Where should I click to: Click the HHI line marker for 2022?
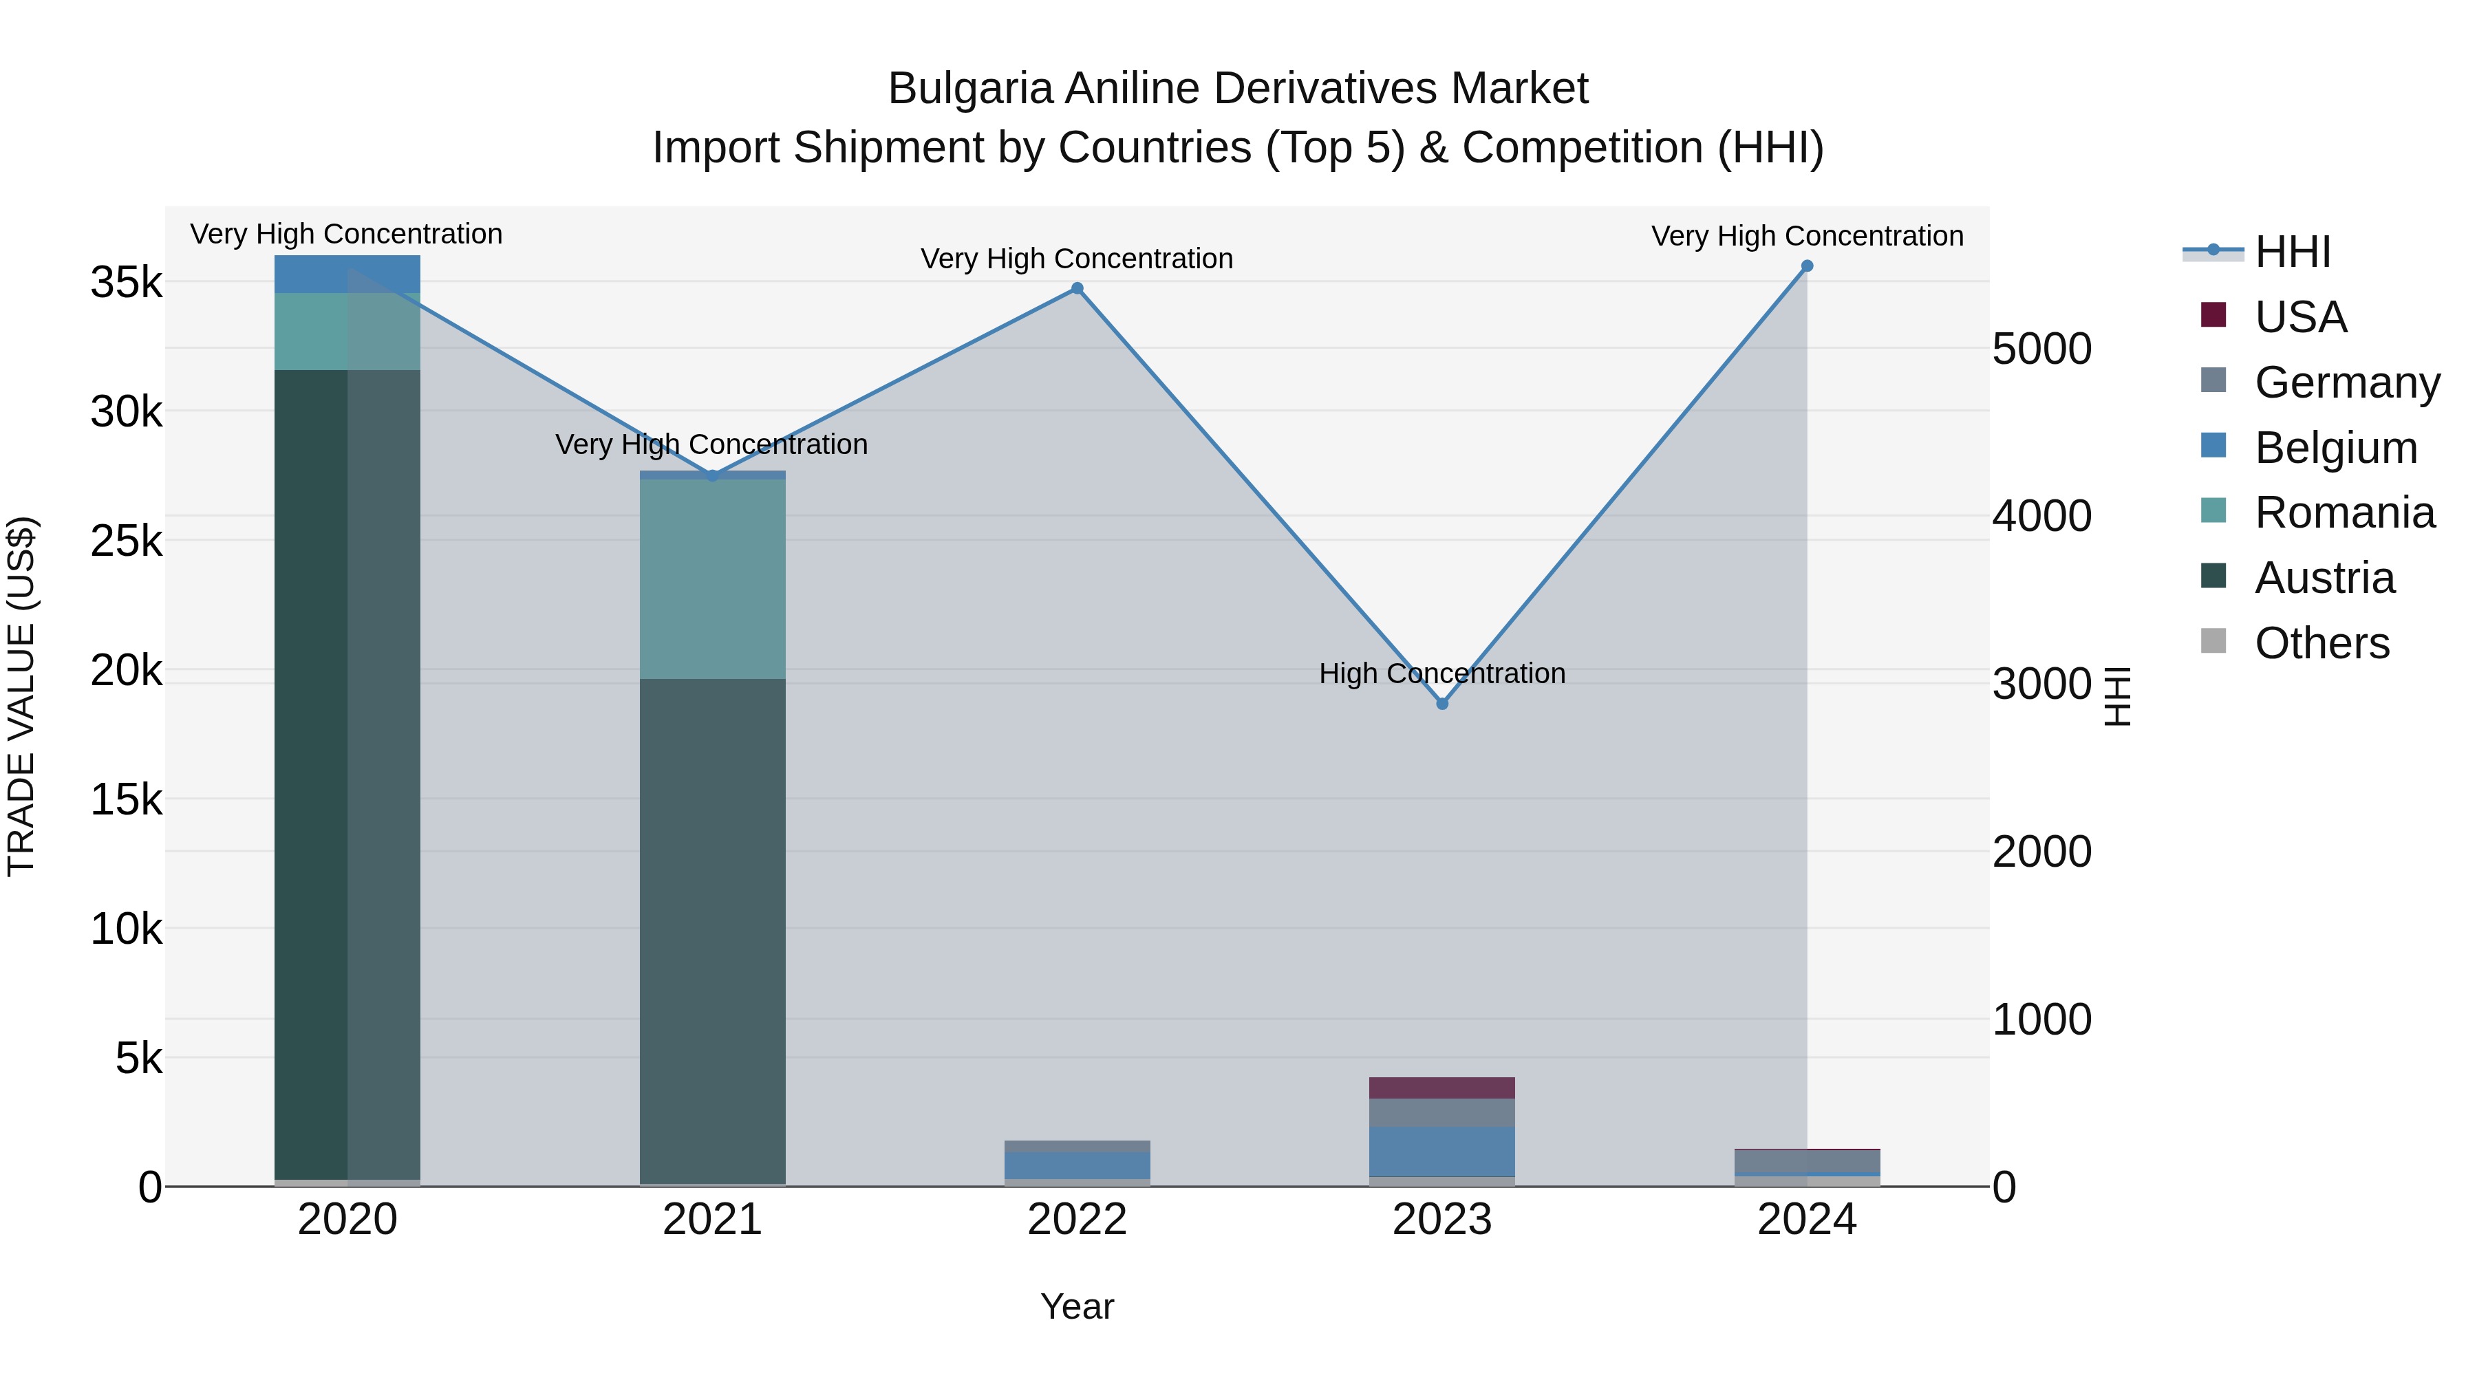[x=1077, y=288]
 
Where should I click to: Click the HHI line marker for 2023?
[x=1442, y=704]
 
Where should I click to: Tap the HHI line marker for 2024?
[x=1807, y=266]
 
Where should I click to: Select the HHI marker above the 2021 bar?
[x=713, y=476]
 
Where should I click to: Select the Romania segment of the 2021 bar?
[x=713, y=577]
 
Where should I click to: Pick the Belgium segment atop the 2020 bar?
[x=347, y=274]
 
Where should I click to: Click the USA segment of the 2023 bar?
[x=1442, y=1088]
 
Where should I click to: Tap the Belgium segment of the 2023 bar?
[x=1442, y=1151]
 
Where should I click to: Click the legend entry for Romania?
[x=2344, y=512]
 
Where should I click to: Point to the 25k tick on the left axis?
[x=126, y=541]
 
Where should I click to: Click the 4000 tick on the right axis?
[x=2041, y=516]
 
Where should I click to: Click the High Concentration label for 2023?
[x=1442, y=674]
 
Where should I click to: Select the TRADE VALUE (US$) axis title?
[x=22, y=696]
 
